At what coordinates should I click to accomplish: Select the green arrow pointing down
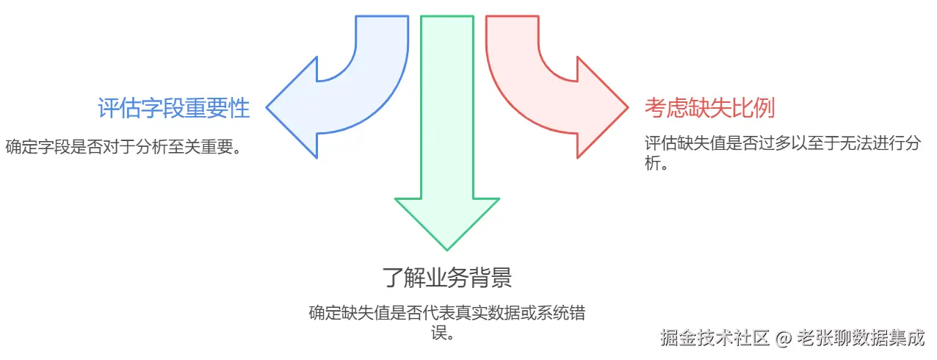(x=446, y=147)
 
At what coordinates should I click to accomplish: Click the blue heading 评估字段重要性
(x=173, y=109)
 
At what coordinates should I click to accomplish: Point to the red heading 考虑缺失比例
(x=709, y=109)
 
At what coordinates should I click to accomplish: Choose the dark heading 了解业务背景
(x=446, y=278)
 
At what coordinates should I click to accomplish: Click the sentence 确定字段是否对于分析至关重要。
(x=123, y=146)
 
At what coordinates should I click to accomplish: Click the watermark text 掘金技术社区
(x=714, y=338)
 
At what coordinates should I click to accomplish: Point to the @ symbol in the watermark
(x=784, y=339)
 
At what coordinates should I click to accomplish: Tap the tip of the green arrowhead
(x=446, y=249)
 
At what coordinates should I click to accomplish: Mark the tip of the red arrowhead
(x=628, y=108)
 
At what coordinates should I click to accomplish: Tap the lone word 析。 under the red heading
(x=656, y=162)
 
